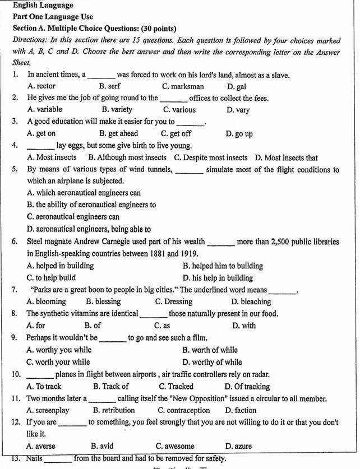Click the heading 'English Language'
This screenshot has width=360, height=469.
coord(43,6)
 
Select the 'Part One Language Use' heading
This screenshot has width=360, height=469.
coord(53,17)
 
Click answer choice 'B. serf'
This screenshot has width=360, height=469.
coord(109,87)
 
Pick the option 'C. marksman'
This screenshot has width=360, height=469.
coord(183,87)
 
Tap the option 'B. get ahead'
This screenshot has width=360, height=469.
coord(118,133)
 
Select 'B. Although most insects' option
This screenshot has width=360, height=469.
coord(127,157)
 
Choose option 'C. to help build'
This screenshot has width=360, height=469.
coord(51,277)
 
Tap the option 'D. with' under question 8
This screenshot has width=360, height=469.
coord(243,325)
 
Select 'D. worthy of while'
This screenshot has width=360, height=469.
coord(213,362)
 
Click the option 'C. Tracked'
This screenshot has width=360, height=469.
coord(176,386)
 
